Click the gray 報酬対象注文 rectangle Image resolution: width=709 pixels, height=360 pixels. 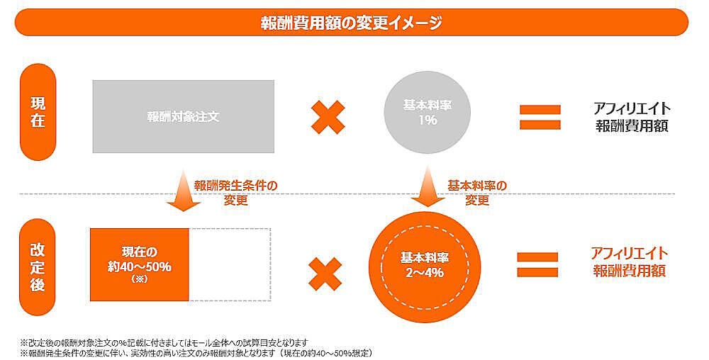[183, 116]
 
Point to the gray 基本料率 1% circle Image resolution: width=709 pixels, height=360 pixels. [428, 113]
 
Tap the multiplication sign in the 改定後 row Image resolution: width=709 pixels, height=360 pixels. [327, 273]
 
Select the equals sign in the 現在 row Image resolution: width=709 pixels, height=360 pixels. [540, 117]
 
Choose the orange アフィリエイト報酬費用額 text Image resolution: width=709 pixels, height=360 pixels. [630, 261]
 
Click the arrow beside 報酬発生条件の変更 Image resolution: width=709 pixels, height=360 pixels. [184, 191]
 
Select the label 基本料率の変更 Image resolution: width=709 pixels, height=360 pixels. [477, 192]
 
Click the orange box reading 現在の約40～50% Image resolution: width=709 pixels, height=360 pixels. [139, 264]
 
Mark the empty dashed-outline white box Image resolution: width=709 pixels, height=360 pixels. [229, 264]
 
